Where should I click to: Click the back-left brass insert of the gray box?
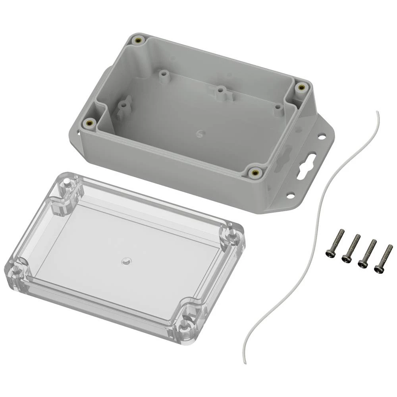[139, 40]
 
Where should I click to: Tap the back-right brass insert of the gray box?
[301, 87]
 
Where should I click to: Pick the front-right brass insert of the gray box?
[254, 173]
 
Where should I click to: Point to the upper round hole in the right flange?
[322, 137]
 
